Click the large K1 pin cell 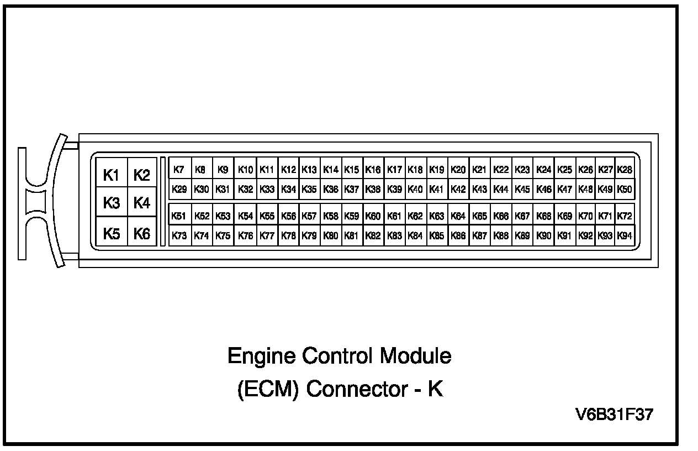(x=112, y=176)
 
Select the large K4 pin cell (x=142, y=203)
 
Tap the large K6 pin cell (x=142, y=234)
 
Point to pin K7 (x=179, y=170)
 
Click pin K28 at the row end (x=625, y=170)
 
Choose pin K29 (x=179, y=189)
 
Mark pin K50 (x=625, y=189)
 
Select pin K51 (x=179, y=216)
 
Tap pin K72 (x=625, y=216)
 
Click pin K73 (x=179, y=235)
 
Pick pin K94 (x=625, y=235)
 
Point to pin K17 (x=394, y=170)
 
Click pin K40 (x=415, y=189)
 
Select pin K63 (x=437, y=216)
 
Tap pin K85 (x=437, y=235)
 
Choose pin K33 (x=267, y=189)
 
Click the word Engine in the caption (x=261, y=356)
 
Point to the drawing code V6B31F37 (x=614, y=415)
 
